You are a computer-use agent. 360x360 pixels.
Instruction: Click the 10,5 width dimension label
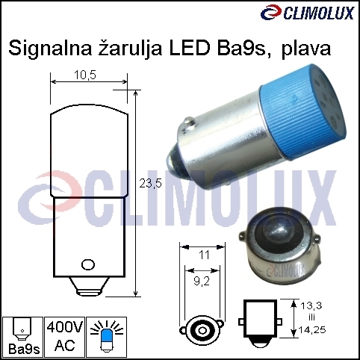tap(85, 75)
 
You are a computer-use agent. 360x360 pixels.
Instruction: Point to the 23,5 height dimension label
tap(150, 184)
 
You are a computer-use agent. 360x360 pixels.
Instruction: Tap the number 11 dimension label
tap(204, 255)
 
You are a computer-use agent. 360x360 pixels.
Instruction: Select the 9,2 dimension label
tap(202, 282)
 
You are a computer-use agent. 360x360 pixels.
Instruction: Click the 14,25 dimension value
tap(311, 330)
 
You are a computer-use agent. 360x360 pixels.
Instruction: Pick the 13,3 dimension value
tap(311, 305)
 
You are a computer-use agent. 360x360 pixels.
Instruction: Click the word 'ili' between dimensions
tap(311, 317)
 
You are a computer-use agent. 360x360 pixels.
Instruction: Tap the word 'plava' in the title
tap(306, 49)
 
